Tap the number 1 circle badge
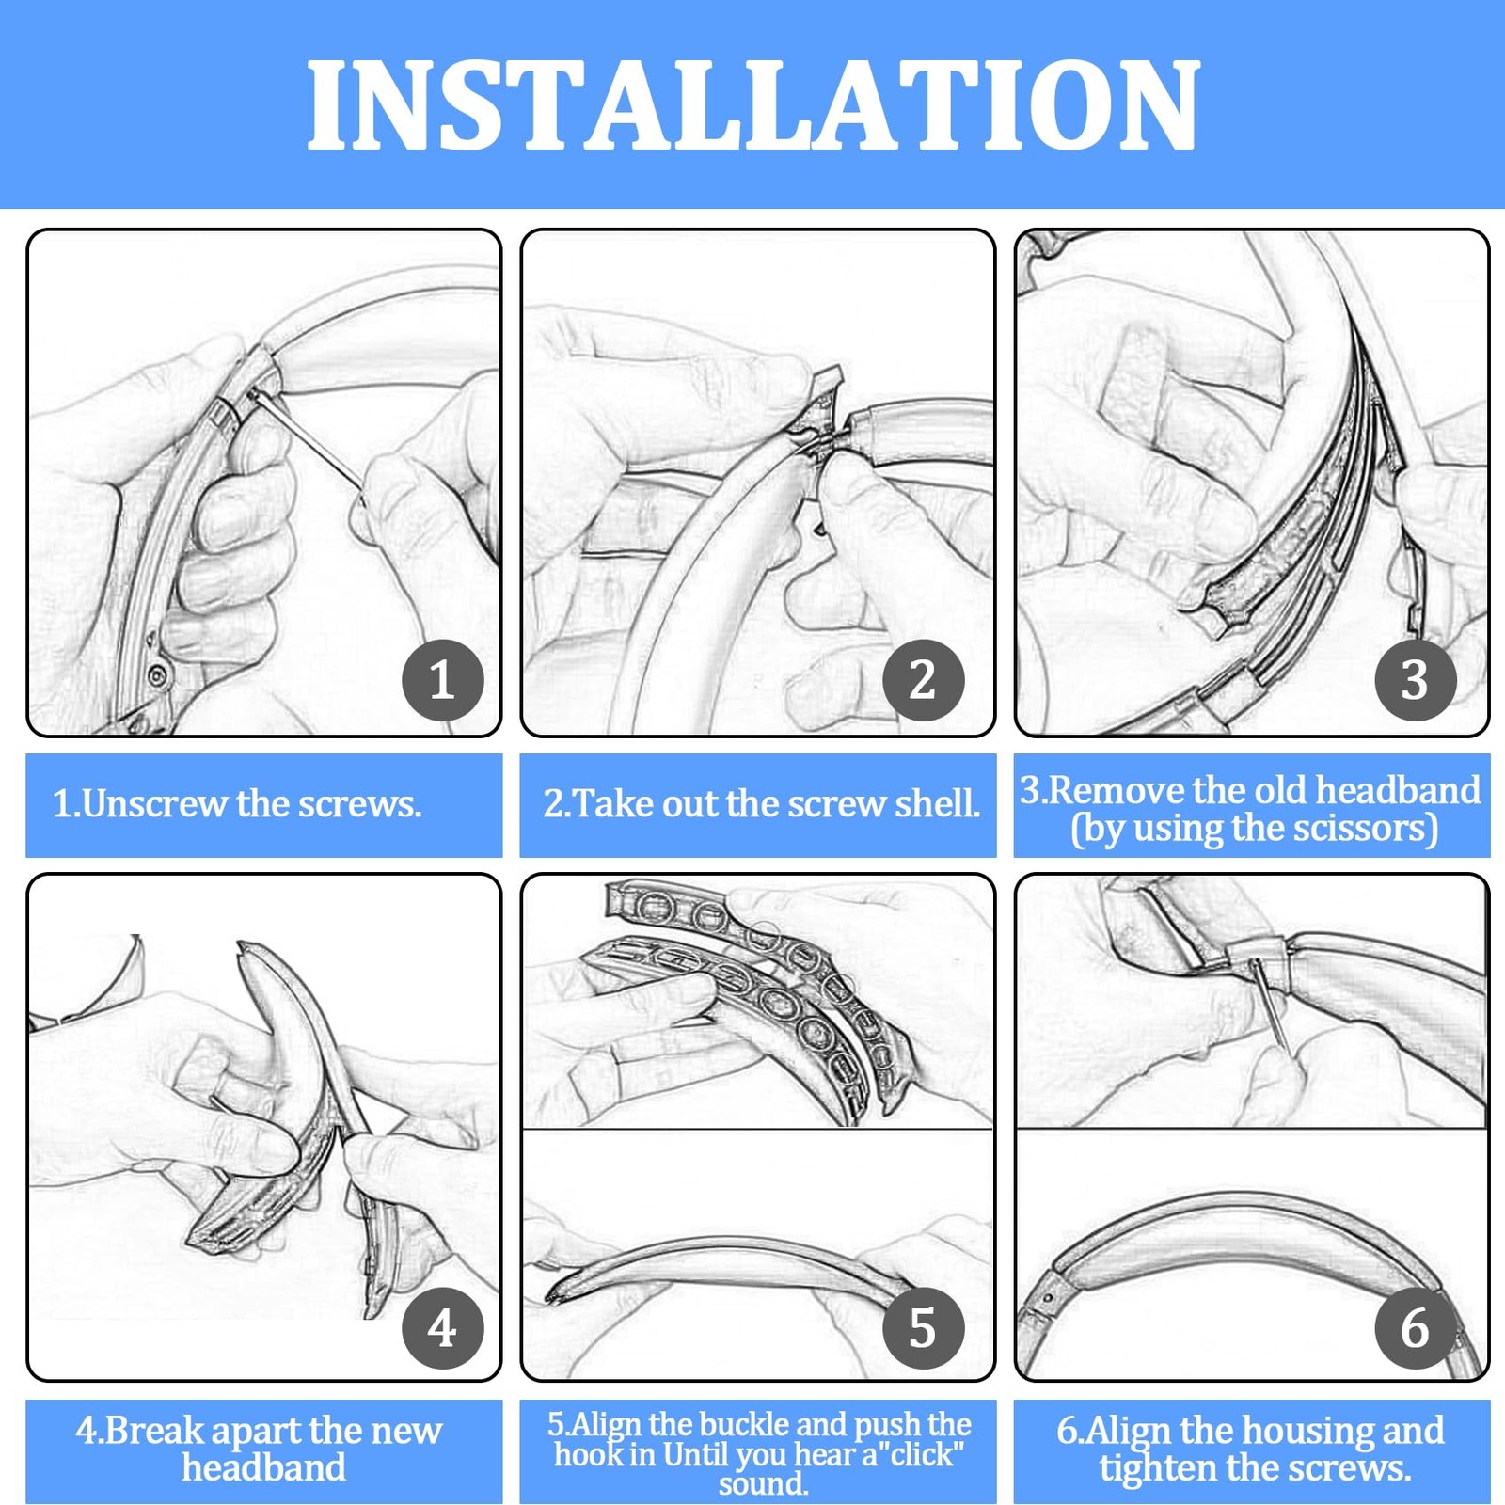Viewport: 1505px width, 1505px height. pos(442,679)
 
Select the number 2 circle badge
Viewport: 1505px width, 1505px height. pos(923,679)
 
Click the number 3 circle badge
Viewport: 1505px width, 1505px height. pos(1415,679)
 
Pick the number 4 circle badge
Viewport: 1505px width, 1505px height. pos(442,1328)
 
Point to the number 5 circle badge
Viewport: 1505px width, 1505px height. pos(923,1328)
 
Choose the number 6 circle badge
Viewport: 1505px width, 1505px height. pos(1415,1328)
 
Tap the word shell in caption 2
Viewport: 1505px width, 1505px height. pos(937,804)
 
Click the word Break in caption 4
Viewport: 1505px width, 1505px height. pos(150,1431)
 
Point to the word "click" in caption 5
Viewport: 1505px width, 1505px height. pos(921,1455)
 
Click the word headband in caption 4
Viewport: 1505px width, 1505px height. pos(263,1468)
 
